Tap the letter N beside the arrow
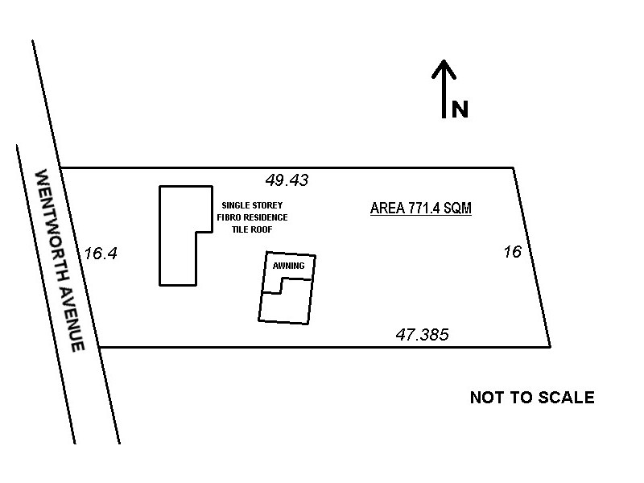460,109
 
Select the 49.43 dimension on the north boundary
287,180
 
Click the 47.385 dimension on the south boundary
422,334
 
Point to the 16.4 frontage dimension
101,254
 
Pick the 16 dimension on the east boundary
513,252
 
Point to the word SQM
456,208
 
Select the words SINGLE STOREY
252,205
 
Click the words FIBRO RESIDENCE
252,217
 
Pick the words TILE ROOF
252,229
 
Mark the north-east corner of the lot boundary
513,167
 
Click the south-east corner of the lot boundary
550,347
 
